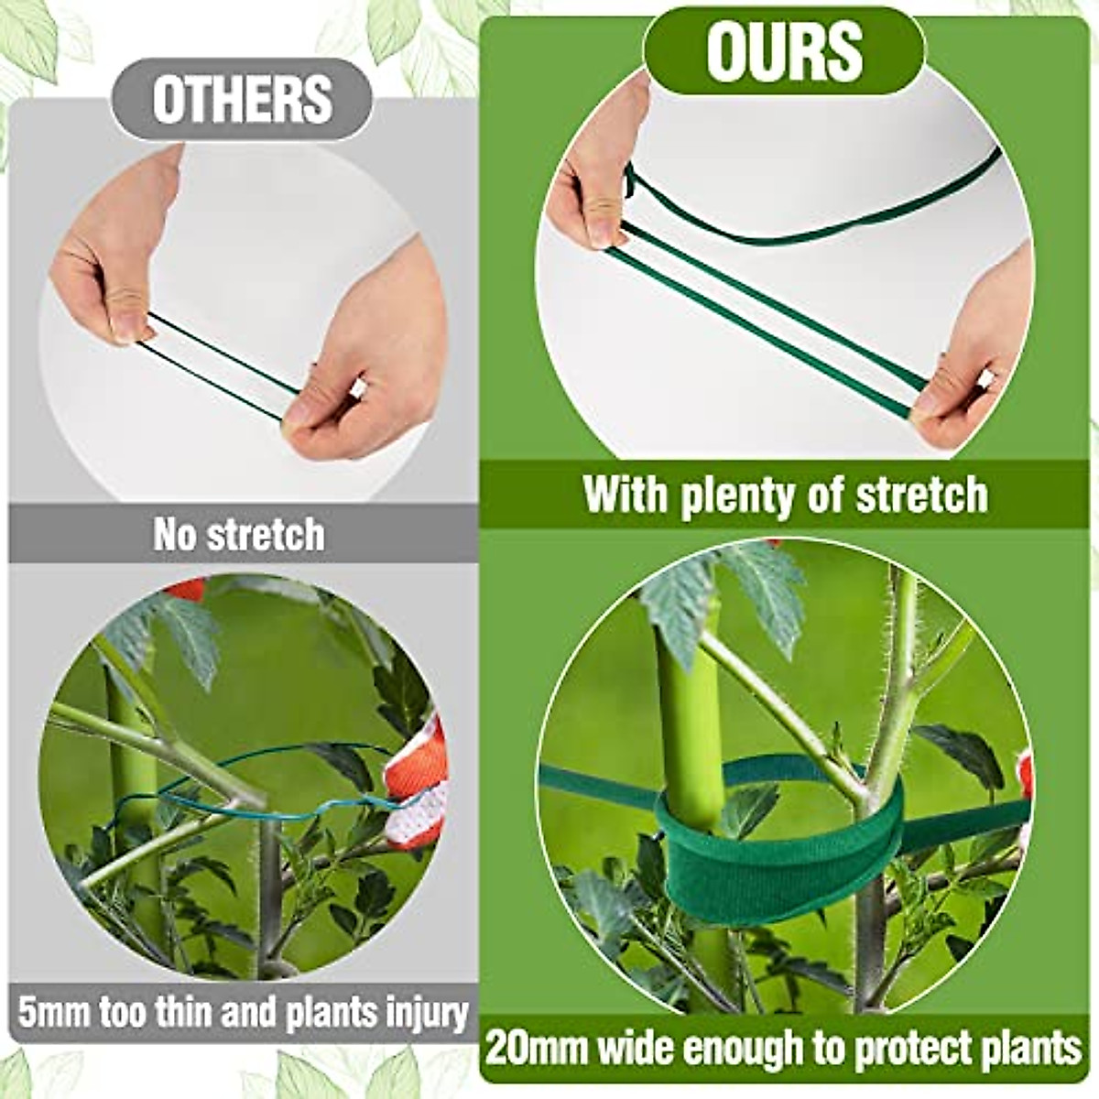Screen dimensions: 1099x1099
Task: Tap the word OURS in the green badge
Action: click(x=784, y=51)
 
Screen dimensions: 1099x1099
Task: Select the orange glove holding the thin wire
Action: click(x=417, y=788)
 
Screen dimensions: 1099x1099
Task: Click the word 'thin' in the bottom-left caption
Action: click(x=175, y=1014)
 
